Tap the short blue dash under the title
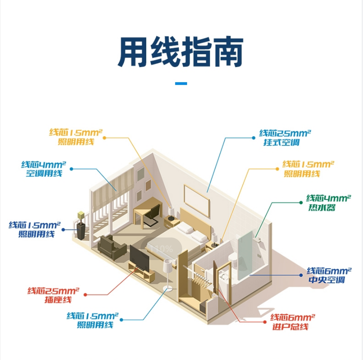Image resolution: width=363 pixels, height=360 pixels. [181, 83]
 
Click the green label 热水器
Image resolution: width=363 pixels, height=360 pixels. [321, 207]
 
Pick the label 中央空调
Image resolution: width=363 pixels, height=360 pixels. [326, 280]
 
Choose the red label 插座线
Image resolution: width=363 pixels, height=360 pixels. [58, 300]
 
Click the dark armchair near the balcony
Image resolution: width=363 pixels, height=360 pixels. [111, 247]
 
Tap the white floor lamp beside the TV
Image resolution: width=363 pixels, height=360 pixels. [168, 270]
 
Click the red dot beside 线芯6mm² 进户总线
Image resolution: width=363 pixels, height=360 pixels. [265, 322]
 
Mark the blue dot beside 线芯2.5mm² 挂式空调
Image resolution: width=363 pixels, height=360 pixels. [254, 137]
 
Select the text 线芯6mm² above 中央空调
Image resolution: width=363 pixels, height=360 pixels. [329, 271]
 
